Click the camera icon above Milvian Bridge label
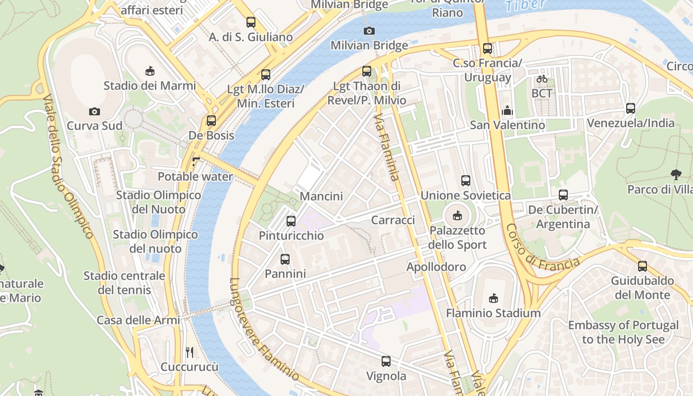pyautogui.click(x=369, y=31)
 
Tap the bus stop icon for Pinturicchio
pyautogui.click(x=291, y=221)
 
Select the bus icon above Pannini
pyautogui.click(x=285, y=259)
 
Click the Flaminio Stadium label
pyautogui.click(x=493, y=313)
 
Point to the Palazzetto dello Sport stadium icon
pyautogui.click(x=457, y=216)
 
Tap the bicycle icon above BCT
pyautogui.click(x=542, y=79)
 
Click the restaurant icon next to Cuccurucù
pyautogui.click(x=190, y=352)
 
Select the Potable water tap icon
pyautogui.click(x=196, y=161)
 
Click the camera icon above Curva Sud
pyautogui.click(x=95, y=111)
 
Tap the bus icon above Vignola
pyautogui.click(x=386, y=361)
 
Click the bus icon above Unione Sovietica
pyautogui.click(x=465, y=181)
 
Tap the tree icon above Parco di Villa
pyautogui.click(x=676, y=174)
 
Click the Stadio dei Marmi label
pyautogui.click(x=149, y=86)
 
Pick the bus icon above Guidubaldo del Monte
pyautogui.click(x=643, y=266)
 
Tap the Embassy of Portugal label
pyautogui.click(x=623, y=332)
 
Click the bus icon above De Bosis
pyautogui.click(x=211, y=120)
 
